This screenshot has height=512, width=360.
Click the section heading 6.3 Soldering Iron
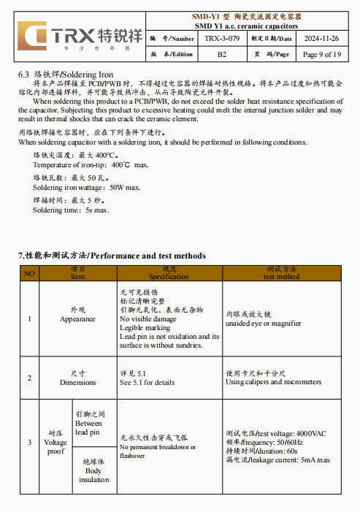click(66, 74)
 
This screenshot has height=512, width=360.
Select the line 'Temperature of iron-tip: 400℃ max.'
click(91, 166)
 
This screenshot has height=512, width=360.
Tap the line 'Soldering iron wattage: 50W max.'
click(87, 188)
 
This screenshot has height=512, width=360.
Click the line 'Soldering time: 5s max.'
click(71, 210)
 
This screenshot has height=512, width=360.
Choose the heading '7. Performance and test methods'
click(112, 256)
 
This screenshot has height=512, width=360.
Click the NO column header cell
click(29, 273)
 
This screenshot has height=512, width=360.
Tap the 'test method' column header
click(281, 277)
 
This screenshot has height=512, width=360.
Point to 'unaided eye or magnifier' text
click(264, 323)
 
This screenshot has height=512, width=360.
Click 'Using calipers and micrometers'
click(274, 382)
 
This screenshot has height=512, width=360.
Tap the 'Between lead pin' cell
click(89, 424)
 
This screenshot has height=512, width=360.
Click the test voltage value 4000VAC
click(312, 434)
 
